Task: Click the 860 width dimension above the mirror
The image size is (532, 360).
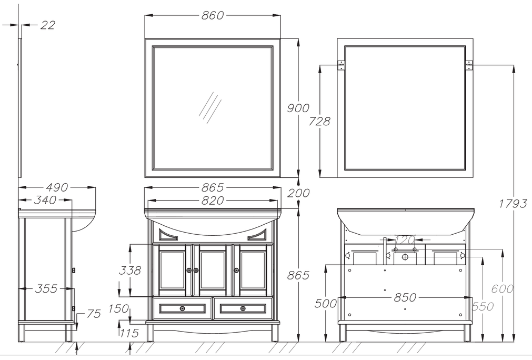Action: (x=213, y=15)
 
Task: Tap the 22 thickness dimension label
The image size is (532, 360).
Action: (x=47, y=25)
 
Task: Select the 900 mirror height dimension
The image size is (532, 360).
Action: (x=298, y=108)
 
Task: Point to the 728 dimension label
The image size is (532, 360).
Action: (x=319, y=121)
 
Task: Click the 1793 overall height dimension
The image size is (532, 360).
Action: (x=513, y=203)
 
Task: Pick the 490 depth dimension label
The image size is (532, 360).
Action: (x=57, y=187)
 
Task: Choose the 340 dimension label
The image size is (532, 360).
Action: (x=45, y=200)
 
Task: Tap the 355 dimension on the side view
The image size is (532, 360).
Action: (x=46, y=289)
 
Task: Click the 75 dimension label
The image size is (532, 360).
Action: (x=94, y=314)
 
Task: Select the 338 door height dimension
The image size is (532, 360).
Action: (x=129, y=271)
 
